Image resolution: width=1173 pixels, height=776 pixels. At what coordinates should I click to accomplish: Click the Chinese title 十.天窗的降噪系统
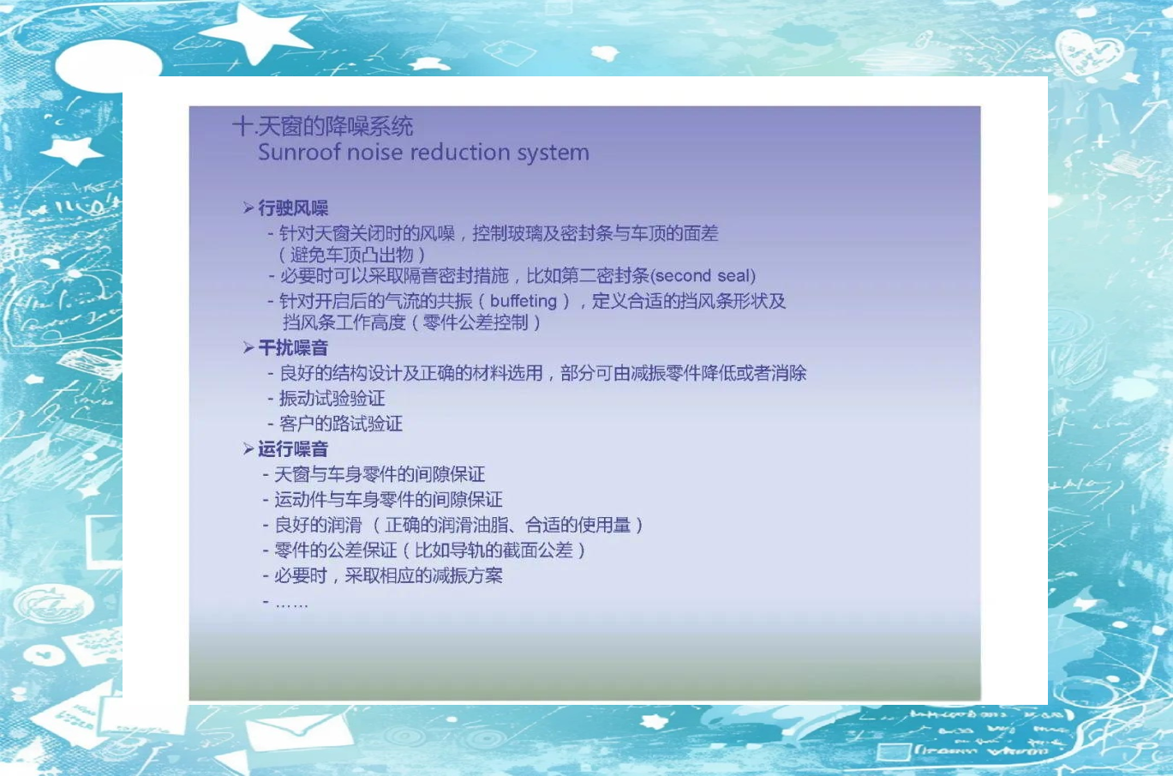click(322, 126)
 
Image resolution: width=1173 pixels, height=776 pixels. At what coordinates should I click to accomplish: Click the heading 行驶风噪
click(293, 208)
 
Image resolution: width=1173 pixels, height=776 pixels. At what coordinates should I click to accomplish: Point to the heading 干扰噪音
click(293, 347)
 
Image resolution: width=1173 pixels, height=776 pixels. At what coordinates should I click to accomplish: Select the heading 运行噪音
click(293, 449)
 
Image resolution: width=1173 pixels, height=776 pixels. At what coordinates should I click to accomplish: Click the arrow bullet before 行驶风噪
click(248, 208)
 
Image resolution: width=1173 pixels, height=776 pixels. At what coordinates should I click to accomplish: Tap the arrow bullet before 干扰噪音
click(248, 347)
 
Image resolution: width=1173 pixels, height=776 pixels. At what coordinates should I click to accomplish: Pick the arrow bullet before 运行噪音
click(248, 448)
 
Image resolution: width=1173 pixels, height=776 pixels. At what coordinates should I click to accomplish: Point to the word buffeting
click(524, 301)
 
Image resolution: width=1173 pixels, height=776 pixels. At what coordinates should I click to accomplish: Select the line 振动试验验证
click(332, 398)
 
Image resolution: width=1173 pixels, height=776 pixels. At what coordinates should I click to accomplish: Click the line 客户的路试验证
click(341, 424)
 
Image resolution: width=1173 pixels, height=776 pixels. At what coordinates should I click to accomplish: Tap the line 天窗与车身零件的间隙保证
click(380, 474)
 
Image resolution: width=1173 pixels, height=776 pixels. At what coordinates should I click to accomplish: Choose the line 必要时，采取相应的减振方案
click(388, 576)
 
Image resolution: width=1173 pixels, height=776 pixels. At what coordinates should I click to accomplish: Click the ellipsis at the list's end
click(291, 605)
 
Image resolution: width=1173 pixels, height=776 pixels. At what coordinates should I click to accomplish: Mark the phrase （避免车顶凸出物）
click(350, 256)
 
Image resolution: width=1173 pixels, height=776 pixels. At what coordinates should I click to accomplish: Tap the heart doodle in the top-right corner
click(1089, 52)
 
